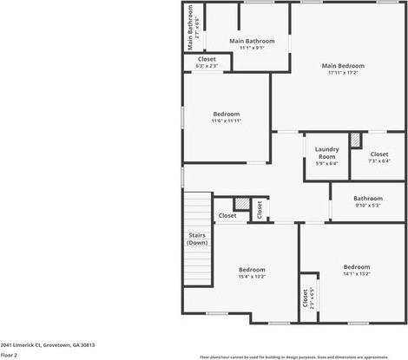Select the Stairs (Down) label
(x=197, y=239)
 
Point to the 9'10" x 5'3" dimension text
(x=367, y=206)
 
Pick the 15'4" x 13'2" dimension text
(x=252, y=277)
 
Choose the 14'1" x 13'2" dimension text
(x=356, y=274)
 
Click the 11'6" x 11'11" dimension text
(x=227, y=121)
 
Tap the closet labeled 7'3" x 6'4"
(x=379, y=157)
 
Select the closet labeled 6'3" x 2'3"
(x=207, y=62)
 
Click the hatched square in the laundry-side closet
(x=355, y=139)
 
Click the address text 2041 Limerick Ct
(x=48, y=344)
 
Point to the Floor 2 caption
(x=10, y=355)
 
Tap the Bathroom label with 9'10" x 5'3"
(x=367, y=198)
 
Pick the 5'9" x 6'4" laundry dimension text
(x=326, y=163)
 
